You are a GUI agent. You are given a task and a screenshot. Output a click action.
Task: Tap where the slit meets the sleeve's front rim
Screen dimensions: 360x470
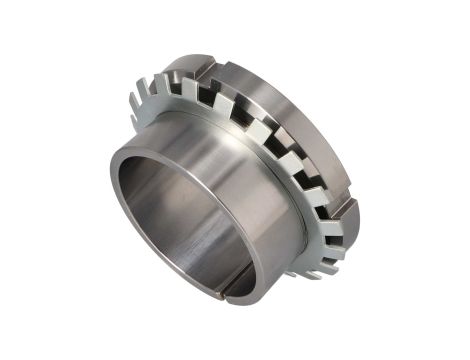coord(227,292)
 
